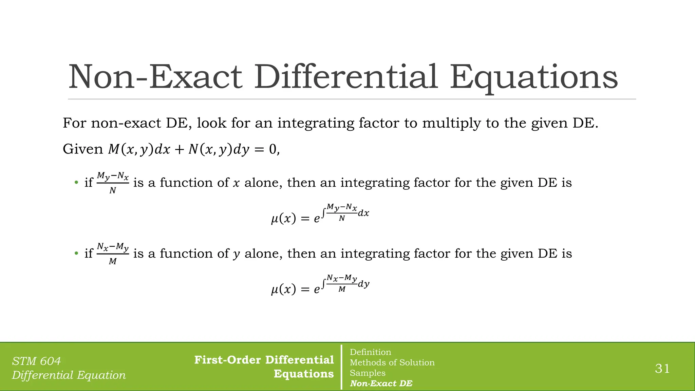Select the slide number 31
(662, 368)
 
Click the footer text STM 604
(36, 361)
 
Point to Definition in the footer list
(370, 352)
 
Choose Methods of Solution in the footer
(392, 362)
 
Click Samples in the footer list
(368, 373)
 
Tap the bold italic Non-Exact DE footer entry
(381, 384)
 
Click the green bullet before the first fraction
(76, 183)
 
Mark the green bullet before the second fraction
(76, 254)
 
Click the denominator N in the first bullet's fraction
(113, 191)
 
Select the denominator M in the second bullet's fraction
(113, 261)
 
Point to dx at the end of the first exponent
(363, 213)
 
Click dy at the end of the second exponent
(363, 284)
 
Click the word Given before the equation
(83, 149)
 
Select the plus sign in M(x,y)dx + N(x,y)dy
(179, 150)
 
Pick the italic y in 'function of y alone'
(236, 254)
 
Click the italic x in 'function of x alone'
(236, 183)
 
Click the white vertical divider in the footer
(341, 367)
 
